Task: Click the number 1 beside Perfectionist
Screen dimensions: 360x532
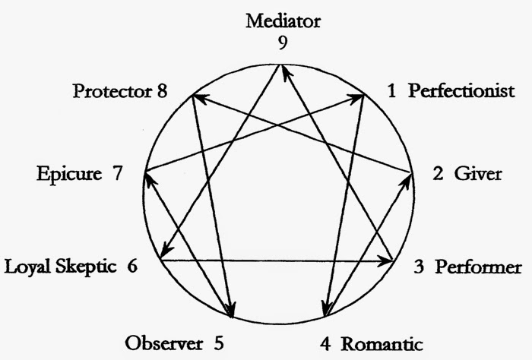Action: [x=391, y=92]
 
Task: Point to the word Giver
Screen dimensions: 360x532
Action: [x=478, y=174]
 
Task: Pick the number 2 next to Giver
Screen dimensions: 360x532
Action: [x=438, y=174]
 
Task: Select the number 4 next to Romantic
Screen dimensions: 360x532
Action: [x=325, y=343]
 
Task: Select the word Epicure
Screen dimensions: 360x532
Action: [x=69, y=174]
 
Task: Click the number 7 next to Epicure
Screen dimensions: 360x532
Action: [x=117, y=174]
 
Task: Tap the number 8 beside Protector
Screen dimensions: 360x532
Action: [x=162, y=93]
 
